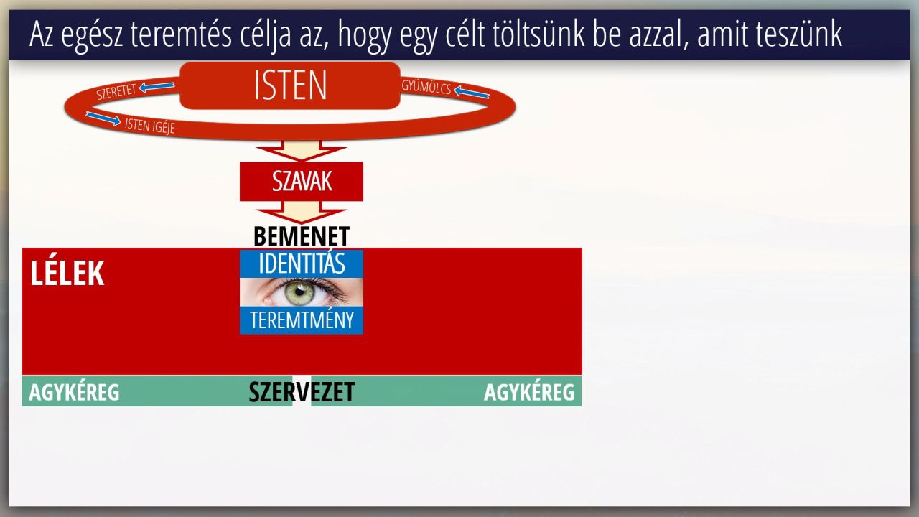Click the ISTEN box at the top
click(x=290, y=85)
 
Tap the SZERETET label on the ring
click(x=116, y=92)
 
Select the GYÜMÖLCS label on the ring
click(x=426, y=87)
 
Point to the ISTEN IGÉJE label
click(x=150, y=125)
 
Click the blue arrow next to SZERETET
click(x=157, y=87)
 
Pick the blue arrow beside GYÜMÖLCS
click(x=472, y=92)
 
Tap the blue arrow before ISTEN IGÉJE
click(x=103, y=118)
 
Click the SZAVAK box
click(x=302, y=182)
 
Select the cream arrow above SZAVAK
click(x=301, y=150)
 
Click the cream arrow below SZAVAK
click(x=301, y=212)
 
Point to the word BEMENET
click(x=302, y=236)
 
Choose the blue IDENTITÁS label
click(x=302, y=264)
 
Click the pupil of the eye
click(x=300, y=291)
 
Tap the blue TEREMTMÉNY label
click(x=302, y=320)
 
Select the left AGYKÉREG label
click(x=74, y=392)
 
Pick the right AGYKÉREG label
click(x=529, y=392)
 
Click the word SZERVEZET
click(x=302, y=392)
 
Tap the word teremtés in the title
click(x=182, y=34)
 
